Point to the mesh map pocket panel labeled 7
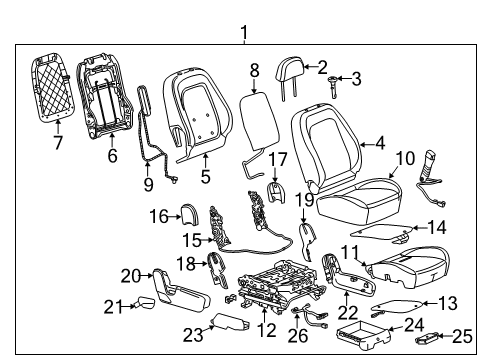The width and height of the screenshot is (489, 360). coord(57,91)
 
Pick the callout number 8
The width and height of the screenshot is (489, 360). coord(254,70)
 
